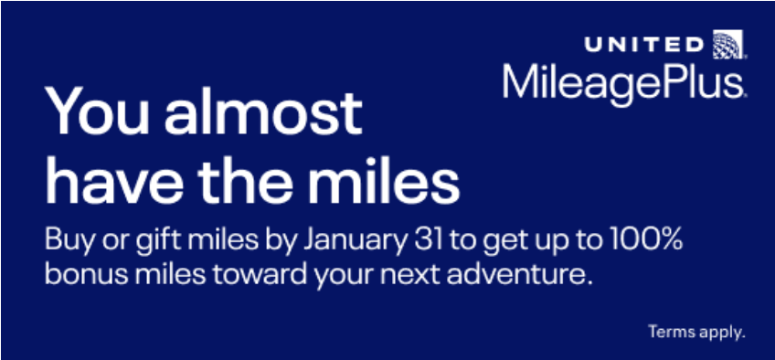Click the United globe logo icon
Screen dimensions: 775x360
(x=728, y=44)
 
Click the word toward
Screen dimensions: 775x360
(x=260, y=274)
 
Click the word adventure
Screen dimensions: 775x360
(x=518, y=274)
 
